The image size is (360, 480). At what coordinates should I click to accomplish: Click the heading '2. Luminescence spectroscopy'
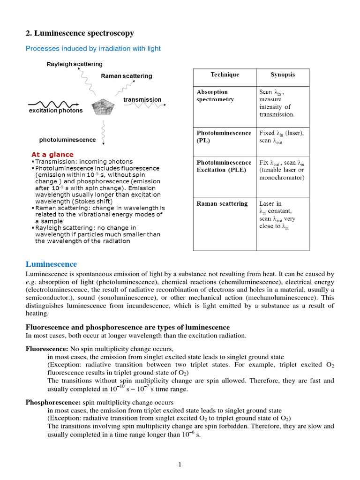point(79,33)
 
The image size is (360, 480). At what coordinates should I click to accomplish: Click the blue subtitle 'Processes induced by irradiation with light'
point(93,48)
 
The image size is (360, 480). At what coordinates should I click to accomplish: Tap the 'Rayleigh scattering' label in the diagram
point(74,64)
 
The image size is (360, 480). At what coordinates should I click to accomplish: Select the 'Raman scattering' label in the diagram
point(126,76)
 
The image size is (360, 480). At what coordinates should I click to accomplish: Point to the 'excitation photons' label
point(55,111)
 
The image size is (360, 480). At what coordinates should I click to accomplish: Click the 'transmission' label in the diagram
point(142,100)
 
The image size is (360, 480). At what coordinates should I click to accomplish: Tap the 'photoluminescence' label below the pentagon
point(67,140)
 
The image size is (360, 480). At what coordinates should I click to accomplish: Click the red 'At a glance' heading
point(52,154)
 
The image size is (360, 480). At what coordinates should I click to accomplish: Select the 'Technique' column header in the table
point(225,75)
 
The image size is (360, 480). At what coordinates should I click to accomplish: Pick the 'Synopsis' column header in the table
point(283,75)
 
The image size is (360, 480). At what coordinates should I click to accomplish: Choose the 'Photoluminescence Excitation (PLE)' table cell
point(224,166)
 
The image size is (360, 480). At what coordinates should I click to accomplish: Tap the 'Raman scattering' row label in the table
point(222,203)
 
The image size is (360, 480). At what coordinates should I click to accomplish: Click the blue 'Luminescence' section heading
point(51,264)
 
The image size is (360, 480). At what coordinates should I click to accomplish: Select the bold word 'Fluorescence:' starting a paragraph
point(46,349)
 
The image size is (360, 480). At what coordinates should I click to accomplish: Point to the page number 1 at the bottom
point(180,465)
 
